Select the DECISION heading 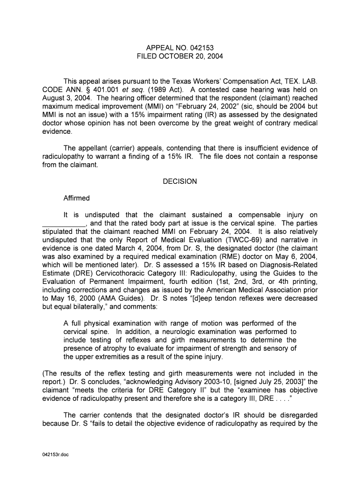click(180, 181)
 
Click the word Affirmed click(77, 198)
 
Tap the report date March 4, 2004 click(130, 248)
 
